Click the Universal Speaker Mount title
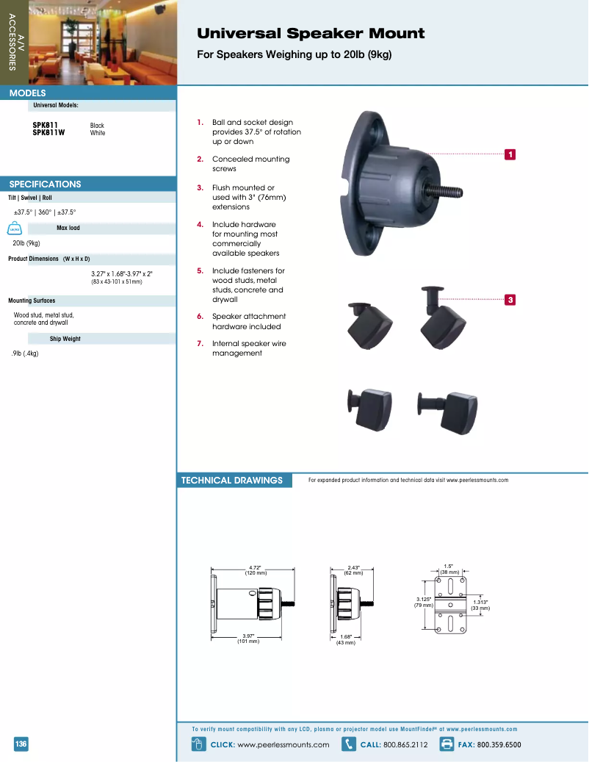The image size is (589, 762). point(311,34)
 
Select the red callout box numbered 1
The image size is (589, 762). point(510,154)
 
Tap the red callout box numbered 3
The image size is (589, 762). point(510,299)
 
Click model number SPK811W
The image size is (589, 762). point(48,133)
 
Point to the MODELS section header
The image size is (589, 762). point(28,93)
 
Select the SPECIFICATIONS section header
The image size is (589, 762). point(45,184)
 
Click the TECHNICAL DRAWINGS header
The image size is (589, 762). point(231,481)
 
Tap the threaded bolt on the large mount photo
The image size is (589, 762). point(449,192)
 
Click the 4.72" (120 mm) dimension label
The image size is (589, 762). point(255,570)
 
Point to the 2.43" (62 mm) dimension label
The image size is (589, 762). point(353,570)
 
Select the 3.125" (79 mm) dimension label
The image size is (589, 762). point(423,603)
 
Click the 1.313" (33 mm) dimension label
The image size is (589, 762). point(480,605)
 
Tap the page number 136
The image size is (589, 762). point(21,744)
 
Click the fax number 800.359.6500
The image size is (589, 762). point(499,744)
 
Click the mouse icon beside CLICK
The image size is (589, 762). point(197,744)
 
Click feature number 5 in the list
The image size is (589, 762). point(200,270)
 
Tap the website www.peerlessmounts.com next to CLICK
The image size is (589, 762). point(283,744)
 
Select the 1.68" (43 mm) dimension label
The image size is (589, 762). point(346,639)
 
